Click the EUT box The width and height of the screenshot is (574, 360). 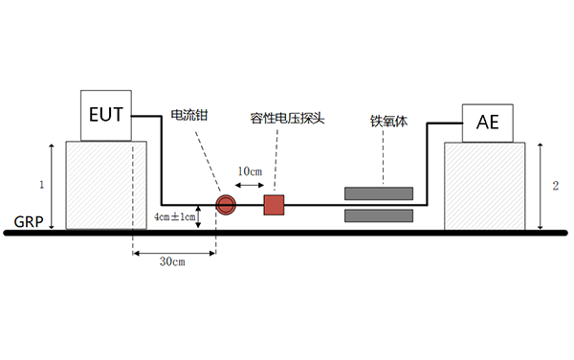point(105,116)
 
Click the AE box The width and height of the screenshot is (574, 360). point(487,122)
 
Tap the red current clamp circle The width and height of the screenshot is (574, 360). point(226,204)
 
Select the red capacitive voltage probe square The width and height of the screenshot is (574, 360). point(275,204)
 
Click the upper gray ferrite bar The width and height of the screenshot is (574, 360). point(379,193)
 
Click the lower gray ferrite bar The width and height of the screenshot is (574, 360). point(379,214)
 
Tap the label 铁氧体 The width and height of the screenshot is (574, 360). point(389,122)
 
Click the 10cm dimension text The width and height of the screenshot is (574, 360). point(251,170)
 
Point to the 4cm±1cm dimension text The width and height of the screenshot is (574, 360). point(174,217)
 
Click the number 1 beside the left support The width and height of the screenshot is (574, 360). point(41,183)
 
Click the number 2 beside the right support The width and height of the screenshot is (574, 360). point(555,185)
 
